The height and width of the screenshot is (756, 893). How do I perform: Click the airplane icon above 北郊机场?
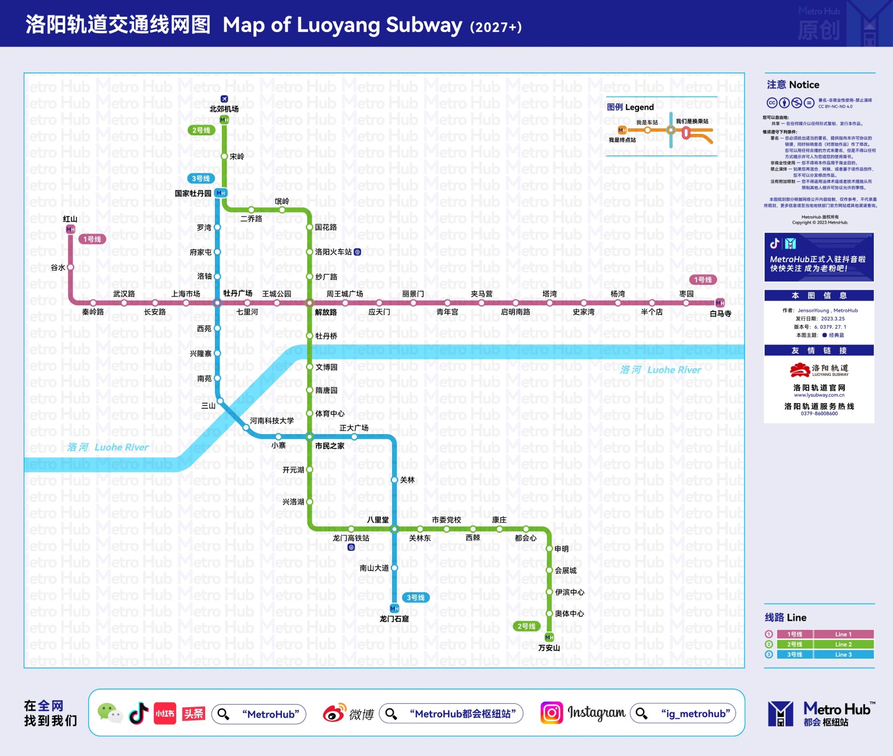pyautogui.click(x=224, y=99)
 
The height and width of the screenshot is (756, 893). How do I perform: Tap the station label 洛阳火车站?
pyautogui.click(x=333, y=252)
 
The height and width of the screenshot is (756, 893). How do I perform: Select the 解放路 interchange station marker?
pyautogui.click(x=309, y=303)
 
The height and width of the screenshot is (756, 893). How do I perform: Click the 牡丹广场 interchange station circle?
pyautogui.click(x=217, y=303)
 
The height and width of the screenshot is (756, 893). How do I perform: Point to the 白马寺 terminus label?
pyautogui.click(x=720, y=314)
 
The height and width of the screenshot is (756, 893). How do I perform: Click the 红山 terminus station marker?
pyautogui.click(x=70, y=229)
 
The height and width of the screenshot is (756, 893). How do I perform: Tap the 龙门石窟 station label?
pyautogui.click(x=394, y=619)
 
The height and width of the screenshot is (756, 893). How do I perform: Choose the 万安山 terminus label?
pyautogui.click(x=549, y=648)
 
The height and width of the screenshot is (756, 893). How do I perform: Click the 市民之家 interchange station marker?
pyautogui.click(x=309, y=437)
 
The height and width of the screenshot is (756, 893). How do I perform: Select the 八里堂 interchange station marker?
pyautogui.click(x=394, y=529)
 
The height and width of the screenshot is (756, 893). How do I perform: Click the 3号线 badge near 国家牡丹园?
pyautogui.click(x=200, y=179)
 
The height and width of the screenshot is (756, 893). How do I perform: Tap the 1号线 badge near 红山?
pyautogui.click(x=92, y=239)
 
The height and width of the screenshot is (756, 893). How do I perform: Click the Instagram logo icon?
pyautogui.click(x=552, y=713)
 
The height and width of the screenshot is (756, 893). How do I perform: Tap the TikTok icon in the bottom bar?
pyautogui.click(x=139, y=713)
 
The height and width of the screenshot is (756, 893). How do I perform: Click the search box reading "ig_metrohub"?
pyautogui.click(x=683, y=714)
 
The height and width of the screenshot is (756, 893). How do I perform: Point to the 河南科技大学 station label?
pyautogui.click(x=272, y=421)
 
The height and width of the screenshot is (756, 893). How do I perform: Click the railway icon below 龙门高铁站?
pyautogui.click(x=351, y=547)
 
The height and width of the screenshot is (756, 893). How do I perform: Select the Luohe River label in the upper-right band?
pyautogui.click(x=660, y=370)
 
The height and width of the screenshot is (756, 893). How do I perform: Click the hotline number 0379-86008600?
pyautogui.click(x=819, y=414)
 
